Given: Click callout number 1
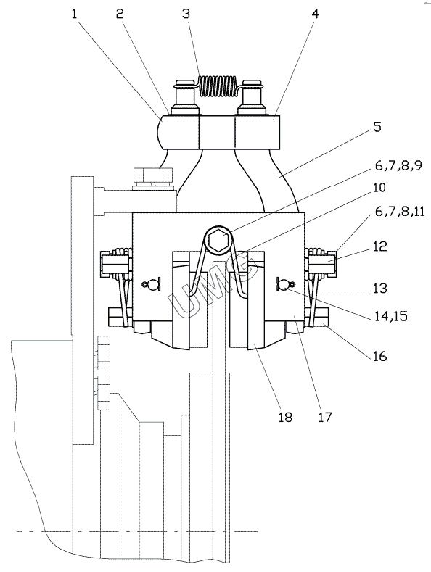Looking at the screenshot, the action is tap(75, 14).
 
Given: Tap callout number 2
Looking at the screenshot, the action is tap(120, 14).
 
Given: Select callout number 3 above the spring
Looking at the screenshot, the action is tap(186, 14).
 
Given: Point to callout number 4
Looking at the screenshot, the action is tap(315, 14).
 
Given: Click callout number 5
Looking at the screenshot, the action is tap(377, 127).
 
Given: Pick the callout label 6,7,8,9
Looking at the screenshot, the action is tap(398, 165).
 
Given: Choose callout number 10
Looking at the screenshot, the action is tap(380, 188).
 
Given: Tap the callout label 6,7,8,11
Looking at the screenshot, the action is tap(400, 212).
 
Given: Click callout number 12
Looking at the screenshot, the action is tap(380, 246).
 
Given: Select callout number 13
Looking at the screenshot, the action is tap(380, 289).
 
